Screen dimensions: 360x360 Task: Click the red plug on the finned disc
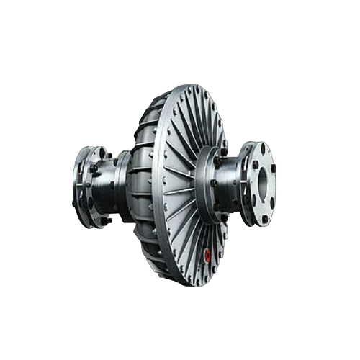coord(208,253)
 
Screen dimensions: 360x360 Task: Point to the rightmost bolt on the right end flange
coord(274,167)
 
